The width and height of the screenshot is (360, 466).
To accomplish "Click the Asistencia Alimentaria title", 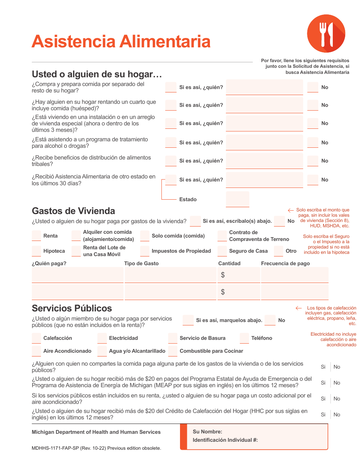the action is [121, 41].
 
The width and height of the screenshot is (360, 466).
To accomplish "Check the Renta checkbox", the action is [36, 236].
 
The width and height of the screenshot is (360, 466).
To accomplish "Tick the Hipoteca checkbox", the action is [36, 251].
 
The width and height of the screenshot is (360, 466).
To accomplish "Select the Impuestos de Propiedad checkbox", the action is [144, 251].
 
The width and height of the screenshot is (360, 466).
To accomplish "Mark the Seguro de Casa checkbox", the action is [222, 251].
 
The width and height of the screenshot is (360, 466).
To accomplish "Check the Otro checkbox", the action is [279, 251].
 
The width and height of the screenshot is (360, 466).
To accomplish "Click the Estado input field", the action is [238, 199].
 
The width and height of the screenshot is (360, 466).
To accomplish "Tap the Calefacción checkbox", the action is [36, 338].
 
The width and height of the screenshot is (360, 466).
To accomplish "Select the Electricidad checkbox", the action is [102, 338].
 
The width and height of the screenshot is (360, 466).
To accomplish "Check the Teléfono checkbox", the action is [244, 338].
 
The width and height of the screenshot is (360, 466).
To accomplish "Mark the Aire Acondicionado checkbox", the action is [36, 351].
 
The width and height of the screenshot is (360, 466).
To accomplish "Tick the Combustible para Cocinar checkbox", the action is [173, 351].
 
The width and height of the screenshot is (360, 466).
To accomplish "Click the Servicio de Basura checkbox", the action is [173, 338].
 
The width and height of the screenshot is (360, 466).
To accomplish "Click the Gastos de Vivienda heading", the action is [74, 211].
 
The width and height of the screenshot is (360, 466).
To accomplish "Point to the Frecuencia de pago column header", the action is [285, 263].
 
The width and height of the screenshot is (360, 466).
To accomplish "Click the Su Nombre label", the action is [207, 432].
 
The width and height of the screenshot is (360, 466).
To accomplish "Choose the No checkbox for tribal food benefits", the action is [313, 161].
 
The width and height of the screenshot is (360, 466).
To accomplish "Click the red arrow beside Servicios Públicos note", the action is [299, 308].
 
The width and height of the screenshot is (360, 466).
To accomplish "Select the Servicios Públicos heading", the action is [72, 308].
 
